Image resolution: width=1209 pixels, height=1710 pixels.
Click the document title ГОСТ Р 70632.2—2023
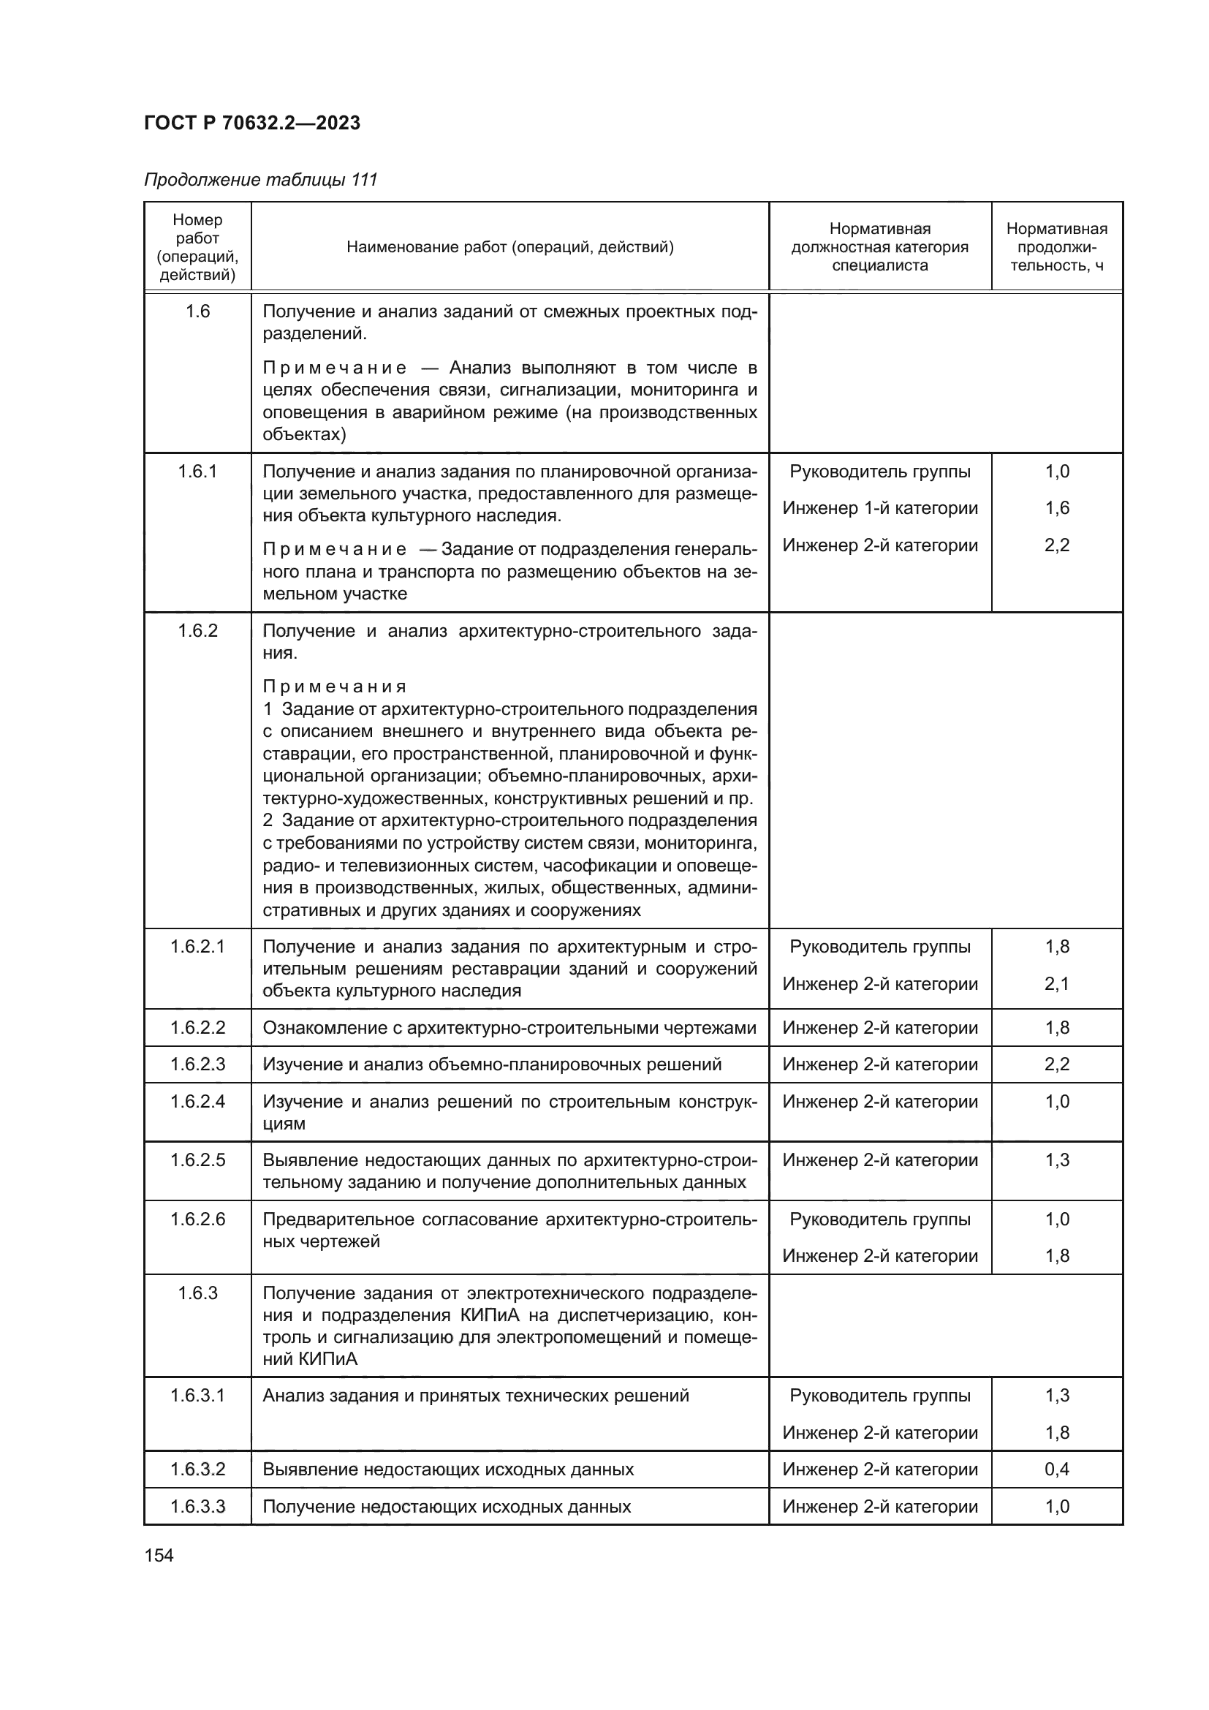click(x=251, y=123)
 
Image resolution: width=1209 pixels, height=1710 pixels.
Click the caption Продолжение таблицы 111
click(x=260, y=180)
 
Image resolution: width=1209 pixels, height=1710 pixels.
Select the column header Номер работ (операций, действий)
click(x=197, y=247)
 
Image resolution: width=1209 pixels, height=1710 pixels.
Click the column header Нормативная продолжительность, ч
click(x=1055, y=247)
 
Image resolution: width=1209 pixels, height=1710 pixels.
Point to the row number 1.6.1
click(x=197, y=472)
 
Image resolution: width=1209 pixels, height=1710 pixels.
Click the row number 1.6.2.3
click(x=197, y=1064)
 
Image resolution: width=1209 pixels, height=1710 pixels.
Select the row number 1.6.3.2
click(x=197, y=1469)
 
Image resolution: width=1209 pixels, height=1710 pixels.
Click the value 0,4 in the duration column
click(x=1056, y=1469)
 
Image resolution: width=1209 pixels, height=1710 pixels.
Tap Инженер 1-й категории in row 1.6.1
click(x=879, y=509)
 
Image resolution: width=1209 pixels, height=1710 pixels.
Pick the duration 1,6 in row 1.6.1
click(x=1056, y=509)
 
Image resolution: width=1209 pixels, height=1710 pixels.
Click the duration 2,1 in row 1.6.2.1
click(x=1056, y=984)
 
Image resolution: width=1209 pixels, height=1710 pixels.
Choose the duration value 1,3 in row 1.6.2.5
click(x=1056, y=1160)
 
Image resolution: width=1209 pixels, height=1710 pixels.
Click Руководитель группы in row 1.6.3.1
click(x=879, y=1396)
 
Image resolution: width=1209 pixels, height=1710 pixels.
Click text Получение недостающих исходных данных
click(x=447, y=1507)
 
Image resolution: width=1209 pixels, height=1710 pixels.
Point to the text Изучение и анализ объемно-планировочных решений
click(x=491, y=1064)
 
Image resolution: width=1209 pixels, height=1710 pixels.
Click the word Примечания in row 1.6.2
click(x=335, y=686)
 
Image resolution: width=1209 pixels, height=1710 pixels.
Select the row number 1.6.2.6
click(x=197, y=1219)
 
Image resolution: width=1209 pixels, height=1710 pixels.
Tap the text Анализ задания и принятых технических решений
click(x=476, y=1396)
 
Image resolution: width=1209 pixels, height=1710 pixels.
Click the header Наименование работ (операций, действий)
click(x=510, y=247)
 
